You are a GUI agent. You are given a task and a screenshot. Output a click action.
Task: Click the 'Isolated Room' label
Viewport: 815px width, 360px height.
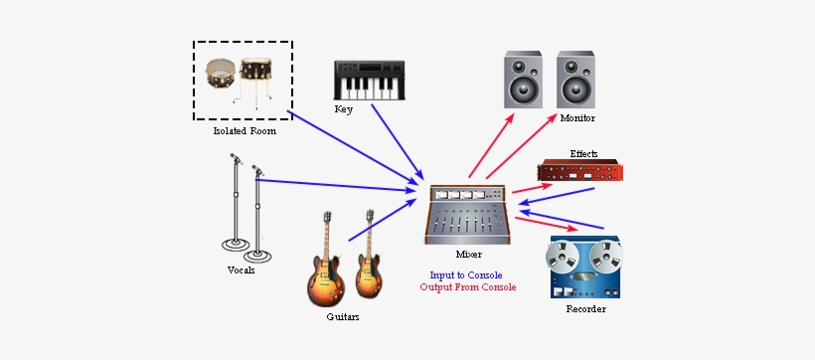pyautogui.click(x=244, y=131)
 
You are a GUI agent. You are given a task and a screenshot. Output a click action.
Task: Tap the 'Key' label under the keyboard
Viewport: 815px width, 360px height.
pyautogui.click(x=344, y=108)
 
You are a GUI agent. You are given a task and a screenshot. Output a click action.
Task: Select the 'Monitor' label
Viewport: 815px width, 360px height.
pyautogui.click(x=577, y=118)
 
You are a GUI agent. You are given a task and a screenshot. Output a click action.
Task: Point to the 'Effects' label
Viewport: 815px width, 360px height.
pyautogui.click(x=584, y=153)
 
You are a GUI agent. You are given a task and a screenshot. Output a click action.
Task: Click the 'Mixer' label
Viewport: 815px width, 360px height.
pyautogui.click(x=469, y=255)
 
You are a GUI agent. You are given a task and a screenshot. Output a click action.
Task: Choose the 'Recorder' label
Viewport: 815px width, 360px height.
pyautogui.click(x=584, y=309)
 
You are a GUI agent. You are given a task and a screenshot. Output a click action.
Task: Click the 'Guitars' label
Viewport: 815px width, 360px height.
pyautogui.click(x=343, y=317)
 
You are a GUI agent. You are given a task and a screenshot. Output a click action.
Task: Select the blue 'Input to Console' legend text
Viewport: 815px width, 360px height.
pyautogui.click(x=466, y=274)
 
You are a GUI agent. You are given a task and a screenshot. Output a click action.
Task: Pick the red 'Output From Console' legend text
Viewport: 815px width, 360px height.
pyautogui.click(x=467, y=288)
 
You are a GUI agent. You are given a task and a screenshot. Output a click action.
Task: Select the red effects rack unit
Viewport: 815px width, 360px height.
pyautogui.click(x=580, y=171)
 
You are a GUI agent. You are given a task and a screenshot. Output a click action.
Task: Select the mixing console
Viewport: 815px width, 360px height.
pyautogui.click(x=468, y=214)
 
